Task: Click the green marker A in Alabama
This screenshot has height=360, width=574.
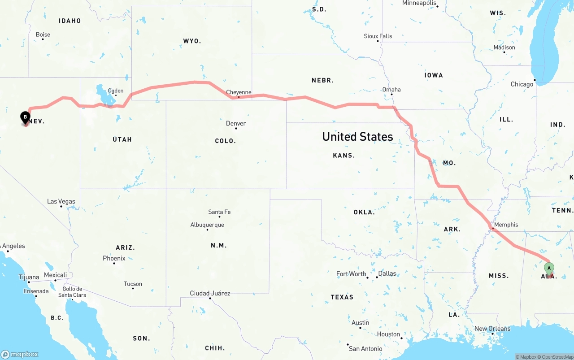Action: point(548,268)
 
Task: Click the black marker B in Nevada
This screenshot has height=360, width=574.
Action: point(26,118)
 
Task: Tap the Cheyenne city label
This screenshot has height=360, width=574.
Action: point(239,92)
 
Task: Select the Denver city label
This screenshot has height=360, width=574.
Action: point(236,123)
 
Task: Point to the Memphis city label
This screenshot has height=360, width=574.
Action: point(506,225)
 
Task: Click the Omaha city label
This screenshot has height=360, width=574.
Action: point(391,90)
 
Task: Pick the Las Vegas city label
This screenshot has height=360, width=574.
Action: point(61,201)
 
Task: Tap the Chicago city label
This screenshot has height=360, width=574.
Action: point(522,84)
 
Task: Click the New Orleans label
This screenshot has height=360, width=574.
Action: point(492,329)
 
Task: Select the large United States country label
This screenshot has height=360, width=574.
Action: point(357,137)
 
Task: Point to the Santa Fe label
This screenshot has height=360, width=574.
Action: point(219,212)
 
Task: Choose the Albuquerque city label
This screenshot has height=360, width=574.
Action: point(207,225)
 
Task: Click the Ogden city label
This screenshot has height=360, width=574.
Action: point(116,91)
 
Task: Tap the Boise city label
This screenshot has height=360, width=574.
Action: point(43,35)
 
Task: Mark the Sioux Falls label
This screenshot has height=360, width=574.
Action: point(378,36)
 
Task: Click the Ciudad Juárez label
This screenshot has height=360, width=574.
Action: point(210,293)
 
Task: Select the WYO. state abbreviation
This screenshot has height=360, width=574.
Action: point(192,41)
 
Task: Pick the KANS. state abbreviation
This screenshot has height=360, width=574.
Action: point(344,156)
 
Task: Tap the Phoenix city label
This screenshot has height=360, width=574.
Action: point(114,258)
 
